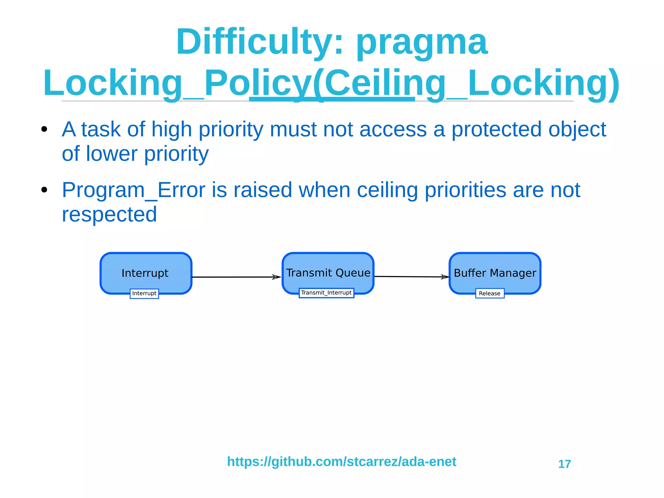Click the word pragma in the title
coord(421,44)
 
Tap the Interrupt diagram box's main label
coord(145,273)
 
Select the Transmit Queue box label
coord(328,273)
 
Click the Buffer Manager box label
coord(495,273)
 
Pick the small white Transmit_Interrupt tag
coord(326,293)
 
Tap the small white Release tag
coord(490,293)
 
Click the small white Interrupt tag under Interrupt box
coord(144,293)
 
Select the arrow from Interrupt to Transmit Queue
coord(237,277)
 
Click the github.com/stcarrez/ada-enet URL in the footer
coord(341,462)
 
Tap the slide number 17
coord(564,464)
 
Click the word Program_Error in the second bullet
coord(133,190)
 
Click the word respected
coord(109,214)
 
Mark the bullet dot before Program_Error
coord(44,190)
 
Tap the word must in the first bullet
coord(293,129)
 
